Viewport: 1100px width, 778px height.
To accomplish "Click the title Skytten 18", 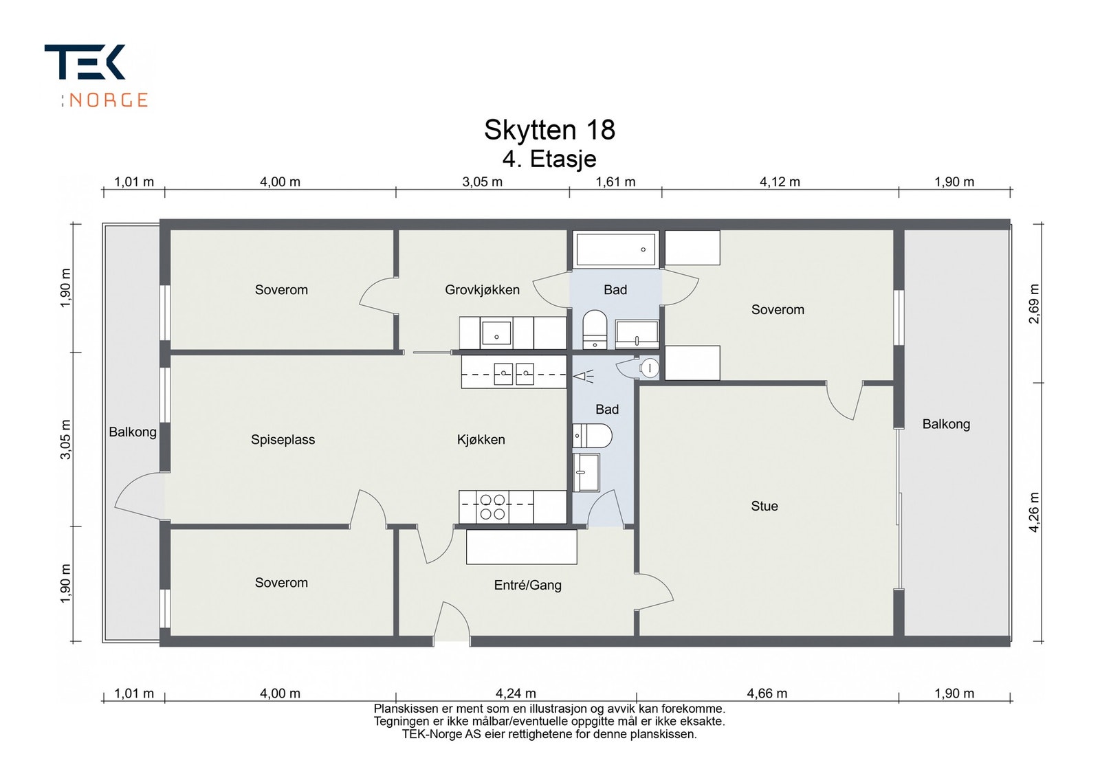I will click(x=549, y=130).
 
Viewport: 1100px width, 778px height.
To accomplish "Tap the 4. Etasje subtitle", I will click(x=549, y=159).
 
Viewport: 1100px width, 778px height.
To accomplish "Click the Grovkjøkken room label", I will click(x=482, y=290).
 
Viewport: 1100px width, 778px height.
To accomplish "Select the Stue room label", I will click(x=764, y=507).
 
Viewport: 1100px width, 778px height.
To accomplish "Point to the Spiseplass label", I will click(x=283, y=440).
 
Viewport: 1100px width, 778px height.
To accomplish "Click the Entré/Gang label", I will click(x=527, y=586).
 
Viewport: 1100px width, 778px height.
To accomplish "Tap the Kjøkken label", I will click(x=481, y=440).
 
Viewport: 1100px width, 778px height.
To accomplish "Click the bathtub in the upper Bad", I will click(x=615, y=249).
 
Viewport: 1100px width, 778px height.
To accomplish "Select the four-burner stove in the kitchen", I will click(x=493, y=507).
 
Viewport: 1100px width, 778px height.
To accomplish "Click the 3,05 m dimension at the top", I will click(x=482, y=182).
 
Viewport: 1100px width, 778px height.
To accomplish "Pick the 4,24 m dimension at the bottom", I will click(x=516, y=693).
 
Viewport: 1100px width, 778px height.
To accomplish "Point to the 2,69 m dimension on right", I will click(x=1035, y=303).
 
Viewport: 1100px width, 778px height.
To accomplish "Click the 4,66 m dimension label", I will click(x=767, y=693).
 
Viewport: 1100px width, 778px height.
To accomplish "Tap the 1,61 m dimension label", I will click(x=615, y=182).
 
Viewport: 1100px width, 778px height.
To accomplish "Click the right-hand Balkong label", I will click(x=946, y=424).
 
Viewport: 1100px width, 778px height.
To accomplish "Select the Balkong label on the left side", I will click(x=133, y=432).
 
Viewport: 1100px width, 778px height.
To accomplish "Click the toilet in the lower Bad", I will click(x=593, y=436).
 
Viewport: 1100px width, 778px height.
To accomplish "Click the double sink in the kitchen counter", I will click(x=514, y=373).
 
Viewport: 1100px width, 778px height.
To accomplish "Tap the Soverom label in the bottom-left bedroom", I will click(x=281, y=583).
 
